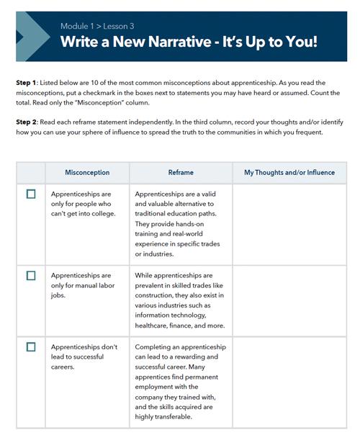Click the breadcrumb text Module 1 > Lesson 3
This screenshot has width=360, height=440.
[97, 27]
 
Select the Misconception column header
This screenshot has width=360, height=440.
[87, 173]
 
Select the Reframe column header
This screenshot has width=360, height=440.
[181, 173]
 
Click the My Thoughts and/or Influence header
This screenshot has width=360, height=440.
[289, 173]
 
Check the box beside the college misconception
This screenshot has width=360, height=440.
[30, 194]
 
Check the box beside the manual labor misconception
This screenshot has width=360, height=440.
[30, 275]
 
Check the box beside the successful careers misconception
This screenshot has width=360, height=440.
[30, 346]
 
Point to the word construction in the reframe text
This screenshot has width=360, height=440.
[157, 295]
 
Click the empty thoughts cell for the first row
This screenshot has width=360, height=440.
[289, 224]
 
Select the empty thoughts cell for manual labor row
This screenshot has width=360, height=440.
[289, 300]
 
